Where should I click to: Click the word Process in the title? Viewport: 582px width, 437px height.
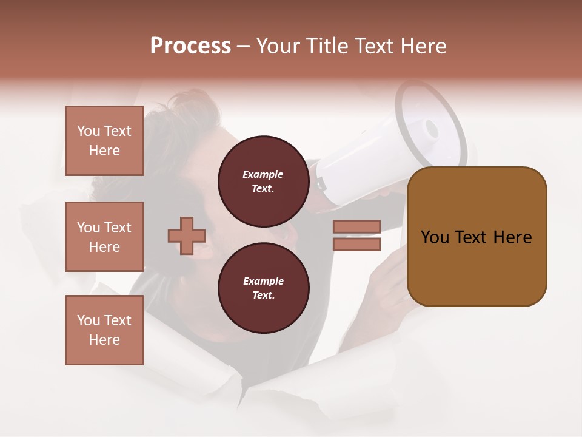click(x=190, y=46)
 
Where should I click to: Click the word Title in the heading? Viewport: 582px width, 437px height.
click(x=326, y=46)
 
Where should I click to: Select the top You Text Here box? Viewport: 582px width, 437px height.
click(x=104, y=141)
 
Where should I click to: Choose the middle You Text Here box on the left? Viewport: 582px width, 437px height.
click(x=104, y=237)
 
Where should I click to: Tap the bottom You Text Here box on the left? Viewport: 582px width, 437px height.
click(x=104, y=330)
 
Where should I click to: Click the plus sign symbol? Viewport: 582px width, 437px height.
click(x=187, y=235)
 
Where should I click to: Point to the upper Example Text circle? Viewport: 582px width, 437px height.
click(x=263, y=181)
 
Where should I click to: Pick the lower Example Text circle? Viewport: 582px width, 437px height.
click(x=263, y=288)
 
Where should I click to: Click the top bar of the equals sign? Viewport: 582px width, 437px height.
click(x=356, y=226)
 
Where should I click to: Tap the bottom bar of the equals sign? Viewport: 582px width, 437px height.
click(x=356, y=245)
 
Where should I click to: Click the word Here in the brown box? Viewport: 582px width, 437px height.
click(x=512, y=237)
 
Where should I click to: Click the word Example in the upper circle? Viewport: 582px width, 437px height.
click(x=263, y=175)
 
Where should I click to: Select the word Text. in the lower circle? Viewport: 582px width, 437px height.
click(x=263, y=296)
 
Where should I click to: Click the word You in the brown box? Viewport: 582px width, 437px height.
click(x=434, y=237)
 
